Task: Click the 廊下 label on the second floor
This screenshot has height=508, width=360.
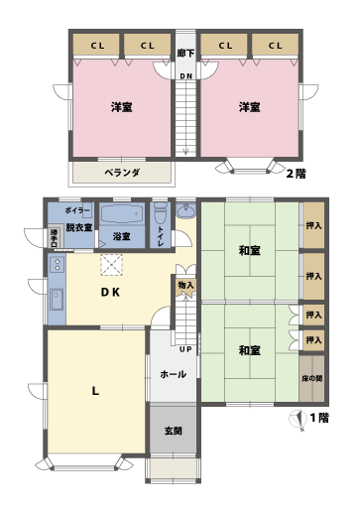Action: [x=185, y=52]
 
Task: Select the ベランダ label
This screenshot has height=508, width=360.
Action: [x=121, y=173]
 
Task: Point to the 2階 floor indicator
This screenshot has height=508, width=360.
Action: [x=296, y=174]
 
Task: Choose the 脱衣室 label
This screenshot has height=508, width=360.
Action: [x=79, y=228]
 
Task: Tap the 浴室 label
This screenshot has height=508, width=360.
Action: [x=122, y=237]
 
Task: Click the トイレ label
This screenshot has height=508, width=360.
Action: [x=161, y=235]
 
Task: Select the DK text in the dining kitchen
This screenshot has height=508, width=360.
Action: [x=111, y=293]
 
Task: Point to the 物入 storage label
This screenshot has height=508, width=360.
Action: [x=186, y=286]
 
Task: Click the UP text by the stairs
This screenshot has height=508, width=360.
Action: [x=185, y=349]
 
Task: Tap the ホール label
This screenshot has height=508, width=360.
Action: [x=172, y=375]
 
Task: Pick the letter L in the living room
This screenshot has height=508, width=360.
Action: [x=95, y=391]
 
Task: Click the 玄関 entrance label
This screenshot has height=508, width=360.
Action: [x=173, y=431]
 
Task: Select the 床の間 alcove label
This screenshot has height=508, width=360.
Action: [x=312, y=379]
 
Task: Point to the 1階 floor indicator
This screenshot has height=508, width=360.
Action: [x=318, y=418]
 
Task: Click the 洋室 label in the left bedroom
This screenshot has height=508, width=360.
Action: [x=122, y=107]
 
